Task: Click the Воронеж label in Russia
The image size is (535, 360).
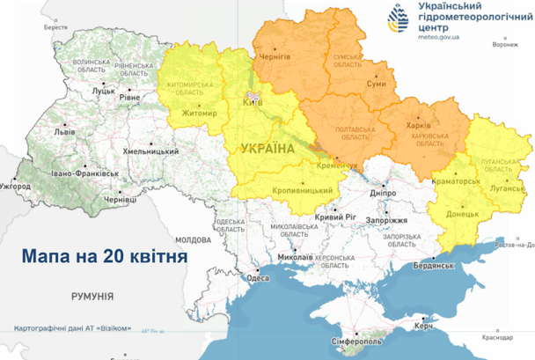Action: point(506,42)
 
